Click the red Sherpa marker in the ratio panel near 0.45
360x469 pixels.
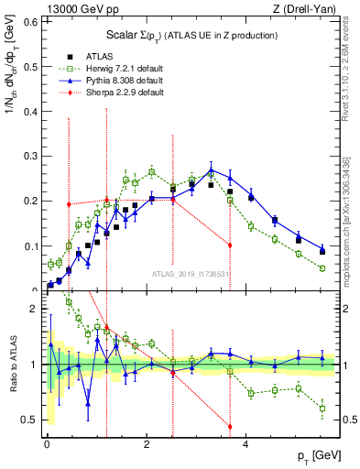point(230,427)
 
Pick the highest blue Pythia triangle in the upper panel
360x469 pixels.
point(212,170)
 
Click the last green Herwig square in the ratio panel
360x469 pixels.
point(322,409)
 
